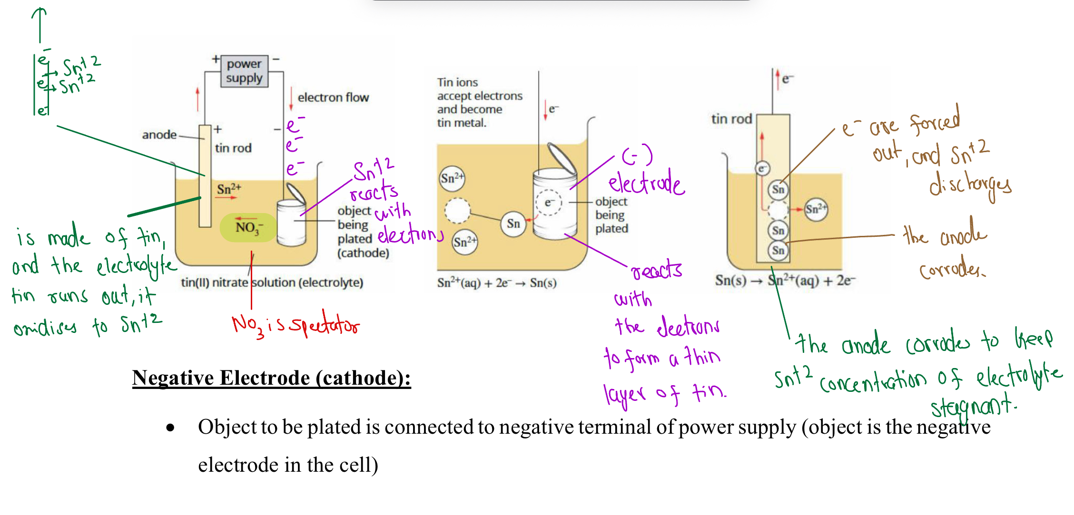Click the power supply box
pos(244,71)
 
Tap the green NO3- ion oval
pos(248,228)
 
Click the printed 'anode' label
pos(159,135)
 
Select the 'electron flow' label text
pos(333,97)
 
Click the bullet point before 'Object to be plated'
pos(170,428)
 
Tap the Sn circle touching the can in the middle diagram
pos(513,223)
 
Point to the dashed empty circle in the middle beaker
pos(457,211)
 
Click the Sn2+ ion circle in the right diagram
pos(816,209)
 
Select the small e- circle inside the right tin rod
pos(762,168)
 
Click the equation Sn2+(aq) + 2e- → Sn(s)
pos(496,283)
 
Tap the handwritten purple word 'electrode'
pos(646,183)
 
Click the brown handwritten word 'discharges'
pos(970,185)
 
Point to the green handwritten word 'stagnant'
pos(973,407)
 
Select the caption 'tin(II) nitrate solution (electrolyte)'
pos(272,282)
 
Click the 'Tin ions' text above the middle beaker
pos(457,82)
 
